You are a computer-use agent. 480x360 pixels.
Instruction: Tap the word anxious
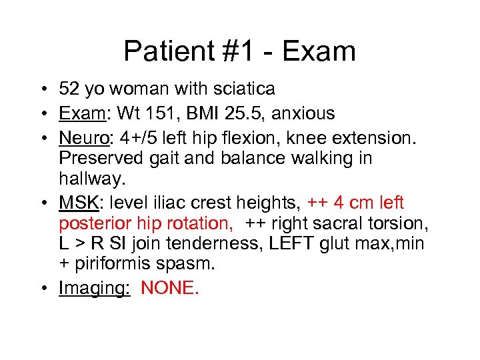[x=305, y=114]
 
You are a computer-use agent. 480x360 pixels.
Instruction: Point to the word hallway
[x=86, y=178]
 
